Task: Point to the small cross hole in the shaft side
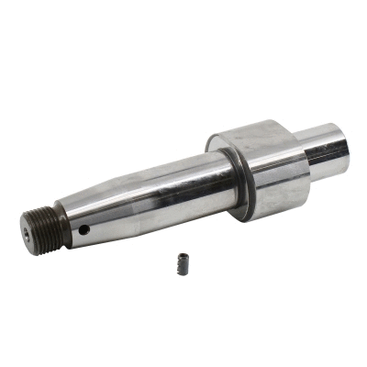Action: [83, 230]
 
